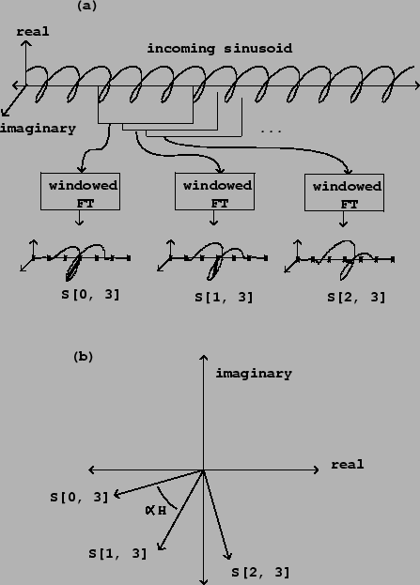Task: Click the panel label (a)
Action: (86, 6)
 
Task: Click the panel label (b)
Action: (84, 357)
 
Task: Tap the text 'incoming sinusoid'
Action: (220, 49)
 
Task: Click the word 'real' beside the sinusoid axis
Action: (33, 32)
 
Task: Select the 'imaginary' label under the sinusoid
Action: (38, 129)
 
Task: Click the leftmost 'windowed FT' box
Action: (80, 192)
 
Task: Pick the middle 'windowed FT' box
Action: (215, 192)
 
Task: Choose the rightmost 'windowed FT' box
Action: (344, 192)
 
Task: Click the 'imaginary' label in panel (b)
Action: (254, 374)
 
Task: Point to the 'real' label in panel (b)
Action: (348, 465)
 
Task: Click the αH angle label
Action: (156, 511)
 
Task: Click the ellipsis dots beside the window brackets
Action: (271, 131)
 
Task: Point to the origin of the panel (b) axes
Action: (204, 470)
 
